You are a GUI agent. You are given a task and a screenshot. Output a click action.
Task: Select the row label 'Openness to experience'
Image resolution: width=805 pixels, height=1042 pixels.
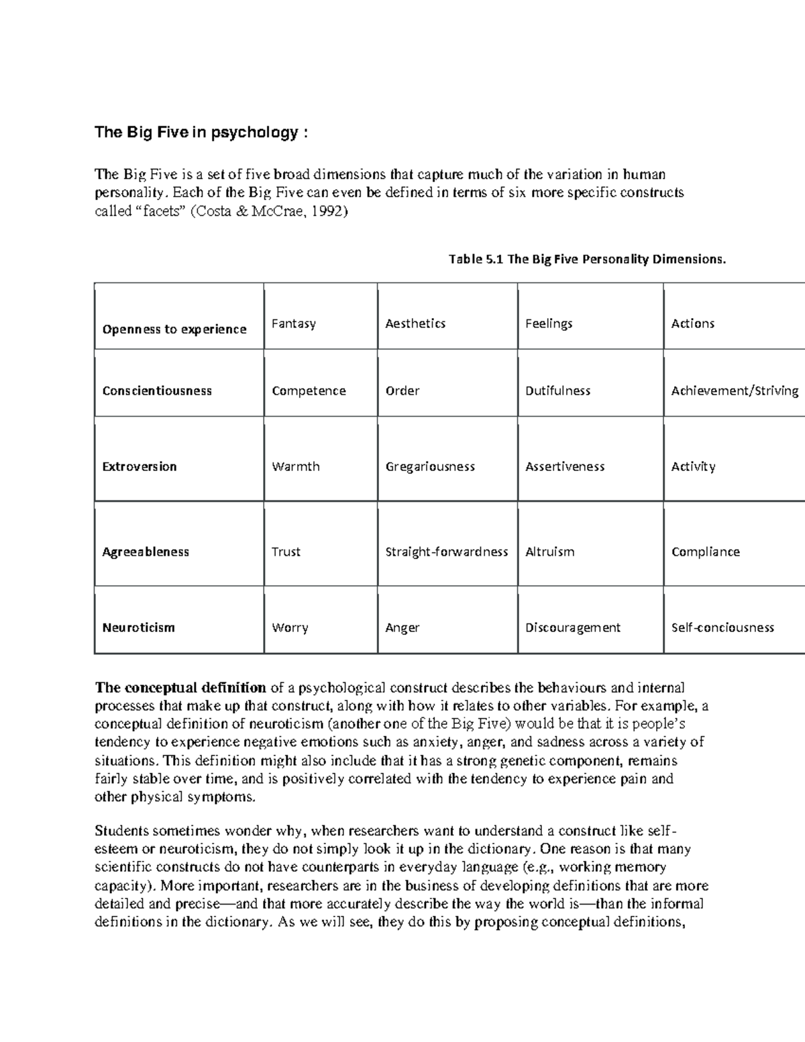coord(174,329)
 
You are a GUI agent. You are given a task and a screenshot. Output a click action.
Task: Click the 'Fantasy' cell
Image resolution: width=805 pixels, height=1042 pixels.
coord(293,323)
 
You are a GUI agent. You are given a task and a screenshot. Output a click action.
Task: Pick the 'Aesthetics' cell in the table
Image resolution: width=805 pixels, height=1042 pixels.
coord(415,323)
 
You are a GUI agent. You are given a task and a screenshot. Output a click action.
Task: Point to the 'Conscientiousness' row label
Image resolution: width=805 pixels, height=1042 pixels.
coord(157,390)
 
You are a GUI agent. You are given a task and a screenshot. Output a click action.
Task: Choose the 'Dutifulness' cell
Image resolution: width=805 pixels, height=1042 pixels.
coord(557,390)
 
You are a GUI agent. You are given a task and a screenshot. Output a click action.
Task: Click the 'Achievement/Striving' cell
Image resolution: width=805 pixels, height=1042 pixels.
coord(735,390)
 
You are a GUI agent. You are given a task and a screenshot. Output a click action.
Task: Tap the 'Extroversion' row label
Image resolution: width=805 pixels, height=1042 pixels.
coord(140,466)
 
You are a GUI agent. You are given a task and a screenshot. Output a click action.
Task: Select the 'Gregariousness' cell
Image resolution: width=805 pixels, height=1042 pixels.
coord(430,466)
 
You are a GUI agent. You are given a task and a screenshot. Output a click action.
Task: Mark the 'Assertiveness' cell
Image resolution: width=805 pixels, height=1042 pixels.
coord(565,466)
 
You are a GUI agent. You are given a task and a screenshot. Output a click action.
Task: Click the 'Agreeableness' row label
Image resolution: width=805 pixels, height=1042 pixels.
coord(146,552)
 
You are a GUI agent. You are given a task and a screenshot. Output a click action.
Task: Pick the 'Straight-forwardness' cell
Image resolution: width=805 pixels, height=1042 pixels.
coord(447,552)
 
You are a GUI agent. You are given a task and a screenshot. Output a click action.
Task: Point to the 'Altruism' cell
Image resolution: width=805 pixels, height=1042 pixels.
coord(550,552)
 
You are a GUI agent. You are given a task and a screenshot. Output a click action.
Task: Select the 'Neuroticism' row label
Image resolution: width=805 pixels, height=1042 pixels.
coord(138,627)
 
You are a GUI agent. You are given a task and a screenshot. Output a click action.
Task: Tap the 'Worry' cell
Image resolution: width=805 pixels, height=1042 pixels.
coord(290,627)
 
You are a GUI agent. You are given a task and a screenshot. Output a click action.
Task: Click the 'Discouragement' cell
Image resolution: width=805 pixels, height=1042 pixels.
coord(573,627)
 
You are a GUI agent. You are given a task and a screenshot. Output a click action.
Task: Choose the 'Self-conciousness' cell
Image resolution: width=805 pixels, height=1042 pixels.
coord(722,627)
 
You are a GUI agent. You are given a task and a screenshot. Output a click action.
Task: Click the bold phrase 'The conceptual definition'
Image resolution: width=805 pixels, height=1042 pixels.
coord(180,688)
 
